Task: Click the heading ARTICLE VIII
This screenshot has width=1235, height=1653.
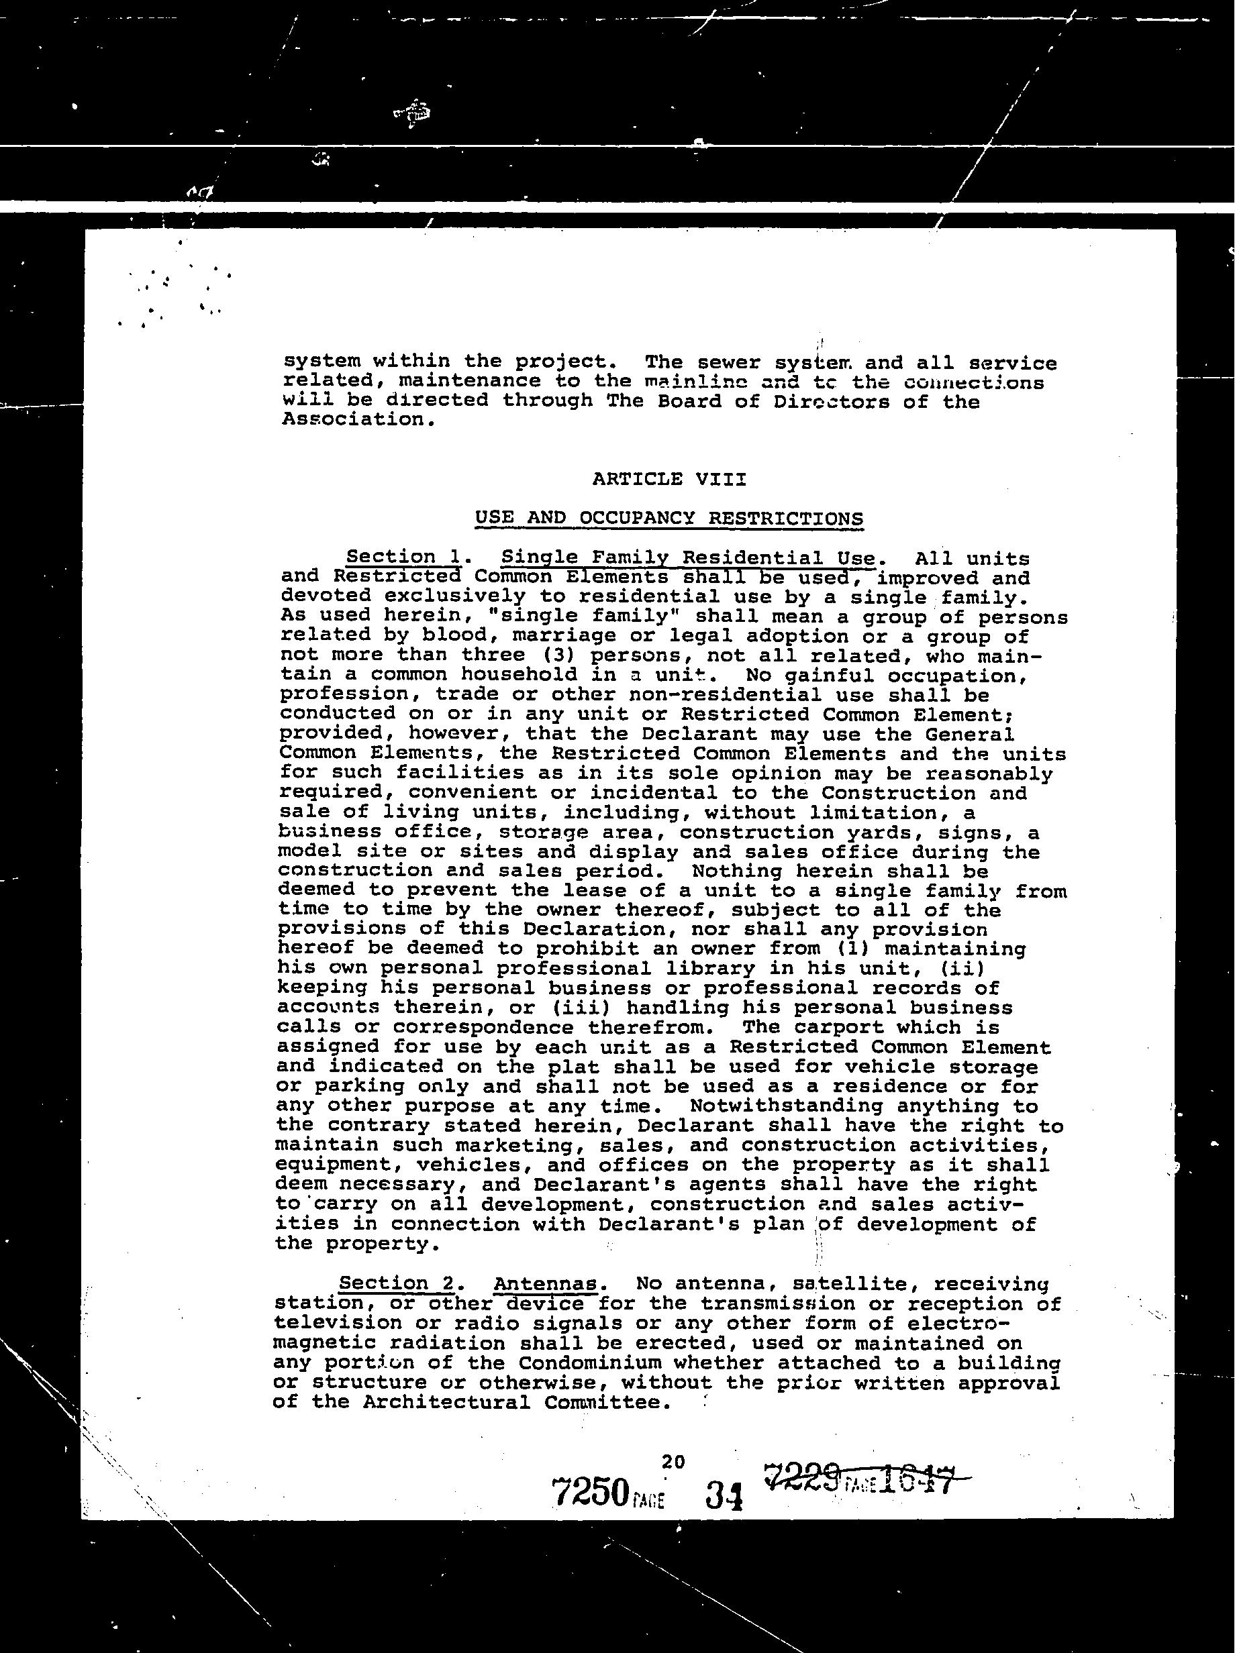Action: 669,479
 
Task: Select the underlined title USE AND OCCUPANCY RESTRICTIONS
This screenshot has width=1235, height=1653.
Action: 669,518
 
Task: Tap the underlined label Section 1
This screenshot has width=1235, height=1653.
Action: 402,557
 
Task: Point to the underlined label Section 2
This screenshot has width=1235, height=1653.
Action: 396,1284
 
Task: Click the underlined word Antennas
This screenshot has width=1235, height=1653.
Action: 546,1285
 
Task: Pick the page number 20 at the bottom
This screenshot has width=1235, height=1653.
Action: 673,1462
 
